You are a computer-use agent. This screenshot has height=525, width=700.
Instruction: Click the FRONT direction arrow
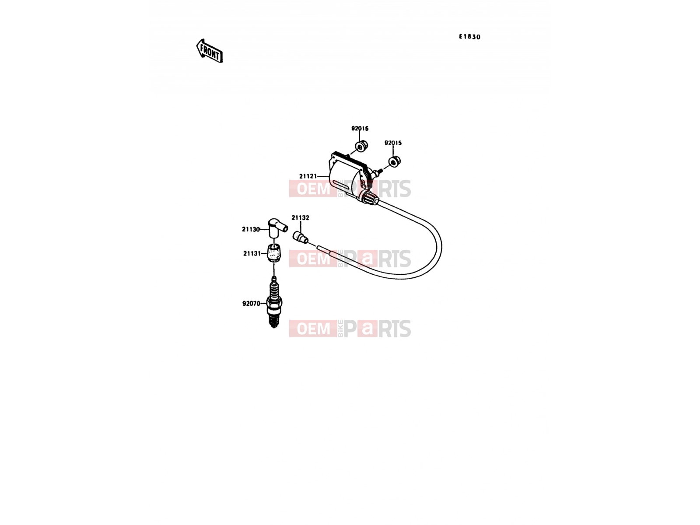pyautogui.click(x=209, y=51)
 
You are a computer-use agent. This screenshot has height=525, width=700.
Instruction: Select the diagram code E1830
pyautogui.click(x=469, y=37)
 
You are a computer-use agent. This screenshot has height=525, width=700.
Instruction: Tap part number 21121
pyautogui.click(x=308, y=176)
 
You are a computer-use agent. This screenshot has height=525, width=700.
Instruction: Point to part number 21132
pyautogui.click(x=300, y=218)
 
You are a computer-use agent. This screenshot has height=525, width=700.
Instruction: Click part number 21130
pyautogui.click(x=251, y=229)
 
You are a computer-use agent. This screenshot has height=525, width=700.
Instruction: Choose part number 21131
pyautogui.click(x=252, y=253)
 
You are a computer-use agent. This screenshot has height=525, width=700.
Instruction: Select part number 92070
pyautogui.click(x=251, y=304)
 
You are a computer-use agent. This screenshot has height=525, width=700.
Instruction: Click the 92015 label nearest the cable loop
pyautogui.click(x=393, y=143)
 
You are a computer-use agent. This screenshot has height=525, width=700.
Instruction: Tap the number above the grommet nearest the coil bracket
pyautogui.click(x=360, y=129)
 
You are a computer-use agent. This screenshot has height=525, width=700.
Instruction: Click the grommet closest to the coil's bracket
pyautogui.click(x=361, y=146)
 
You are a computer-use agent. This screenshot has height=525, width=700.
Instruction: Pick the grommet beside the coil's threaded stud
pyautogui.click(x=395, y=161)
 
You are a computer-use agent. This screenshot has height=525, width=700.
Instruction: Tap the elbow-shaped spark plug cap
pyautogui.click(x=276, y=227)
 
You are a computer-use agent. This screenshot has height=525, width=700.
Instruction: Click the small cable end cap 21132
pyautogui.click(x=300, y=238)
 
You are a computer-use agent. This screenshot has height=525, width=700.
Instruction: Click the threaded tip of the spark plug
pyautogui.click(x=274, y=321)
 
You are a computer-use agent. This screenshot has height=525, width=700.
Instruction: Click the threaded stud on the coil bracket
pyautogui.click(x=377, y=172)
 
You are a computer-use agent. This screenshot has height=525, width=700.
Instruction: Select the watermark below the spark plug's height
pyautogui.click(x=350, y=329)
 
